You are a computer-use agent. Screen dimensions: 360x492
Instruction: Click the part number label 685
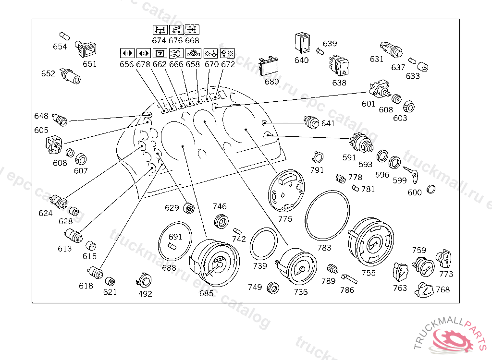point(207,294)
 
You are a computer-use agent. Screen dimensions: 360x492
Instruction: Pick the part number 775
point(285,218)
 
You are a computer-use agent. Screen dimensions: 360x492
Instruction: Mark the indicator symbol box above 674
point(159,30)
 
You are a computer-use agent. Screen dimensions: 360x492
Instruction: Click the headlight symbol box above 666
point(176,52)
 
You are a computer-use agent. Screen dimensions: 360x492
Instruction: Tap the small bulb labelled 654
point(63,36)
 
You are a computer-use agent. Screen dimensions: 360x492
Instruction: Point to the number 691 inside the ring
point(175,237)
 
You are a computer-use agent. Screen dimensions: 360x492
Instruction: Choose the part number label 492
point(145,294)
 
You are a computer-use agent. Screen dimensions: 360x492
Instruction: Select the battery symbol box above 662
point(160,52)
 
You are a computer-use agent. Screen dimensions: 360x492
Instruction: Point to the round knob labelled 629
point(189,208)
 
